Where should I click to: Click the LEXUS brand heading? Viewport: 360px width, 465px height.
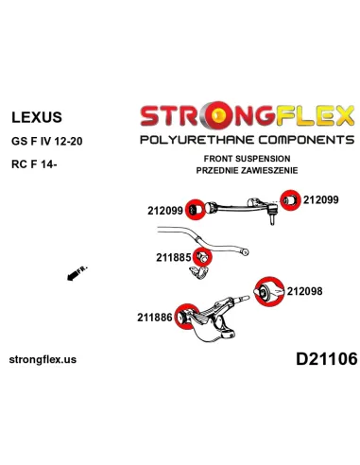pyautogui.click(x=37, y=117)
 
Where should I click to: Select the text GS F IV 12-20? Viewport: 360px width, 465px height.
pyautogui.click(x=47, y=141)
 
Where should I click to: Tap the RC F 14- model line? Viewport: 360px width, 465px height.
pyautogui.click(x=34, y=164)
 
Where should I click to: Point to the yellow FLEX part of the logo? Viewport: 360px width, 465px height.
pyautogui.click(x=316, y=116)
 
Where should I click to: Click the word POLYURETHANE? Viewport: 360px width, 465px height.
pyautogui.click(x=197, y=140)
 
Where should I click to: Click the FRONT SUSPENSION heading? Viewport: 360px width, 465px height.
pyautogui.click(x=247, y=159)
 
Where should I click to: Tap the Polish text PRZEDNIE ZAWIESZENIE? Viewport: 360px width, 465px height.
pyautogui.click(x=247, y=170)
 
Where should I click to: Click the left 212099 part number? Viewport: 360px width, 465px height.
pyautogui.click(x=165, y=211)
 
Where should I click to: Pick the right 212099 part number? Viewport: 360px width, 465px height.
pyautogui.click(x=320, y=199)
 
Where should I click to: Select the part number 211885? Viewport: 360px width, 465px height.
pyautogui.click(x=174, y=257)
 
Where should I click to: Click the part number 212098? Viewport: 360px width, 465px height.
pyautogui.click(x=304, y=291)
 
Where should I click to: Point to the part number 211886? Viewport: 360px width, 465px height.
pyautogui.click(x=155, y=317)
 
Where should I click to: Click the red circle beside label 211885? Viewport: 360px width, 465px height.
pyautogui.click(x=202, y=257)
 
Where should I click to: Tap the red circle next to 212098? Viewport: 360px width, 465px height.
pyautogui.click(x=269, y=291)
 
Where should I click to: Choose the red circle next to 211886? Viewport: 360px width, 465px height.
pyautogui.click(x=187, y=317)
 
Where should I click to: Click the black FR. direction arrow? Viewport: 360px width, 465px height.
pyautogui.click(x=77, y=273)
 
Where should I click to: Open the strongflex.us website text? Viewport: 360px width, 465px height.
pyautogui.click(x=43, y=359)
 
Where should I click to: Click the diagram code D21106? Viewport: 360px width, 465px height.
pyautogui.click(x=327, y=358)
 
